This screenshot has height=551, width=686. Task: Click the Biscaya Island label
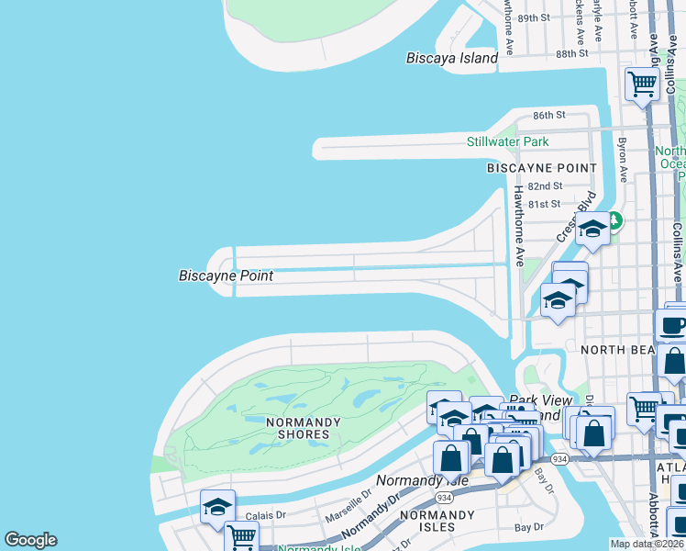451,58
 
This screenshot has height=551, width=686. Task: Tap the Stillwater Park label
507,141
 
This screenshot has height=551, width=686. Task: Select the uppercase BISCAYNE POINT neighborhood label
541,168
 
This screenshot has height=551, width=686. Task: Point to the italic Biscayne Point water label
226,275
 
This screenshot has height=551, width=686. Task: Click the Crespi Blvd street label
575,217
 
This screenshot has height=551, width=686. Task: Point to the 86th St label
549,115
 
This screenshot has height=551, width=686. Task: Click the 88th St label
570,53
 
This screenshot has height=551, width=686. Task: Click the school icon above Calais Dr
217,506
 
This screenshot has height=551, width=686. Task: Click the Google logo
30,540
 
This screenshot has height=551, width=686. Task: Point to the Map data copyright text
647,544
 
